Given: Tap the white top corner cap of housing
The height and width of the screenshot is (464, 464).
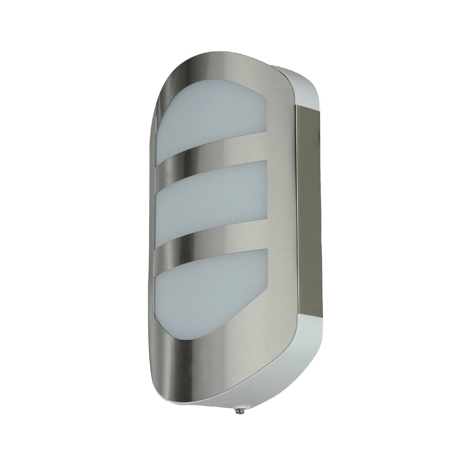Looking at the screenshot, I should coord(306,87).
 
